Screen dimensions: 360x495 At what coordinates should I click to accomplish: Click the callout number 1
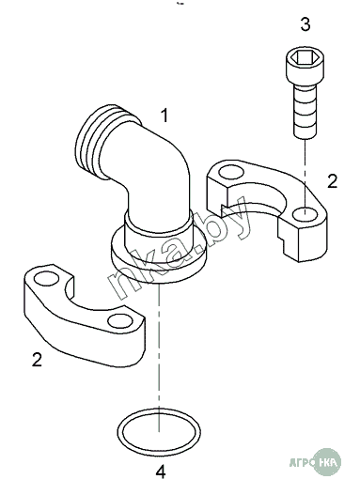point(164,116)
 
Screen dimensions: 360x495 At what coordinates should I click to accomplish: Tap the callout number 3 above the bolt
point(305,24)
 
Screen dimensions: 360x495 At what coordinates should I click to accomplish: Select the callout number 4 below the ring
point(161,472)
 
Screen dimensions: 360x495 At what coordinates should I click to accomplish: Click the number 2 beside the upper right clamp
point(332,181)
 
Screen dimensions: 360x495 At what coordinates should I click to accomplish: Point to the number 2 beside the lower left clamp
point(37,360)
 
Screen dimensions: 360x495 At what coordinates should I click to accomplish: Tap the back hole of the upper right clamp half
point(231,173)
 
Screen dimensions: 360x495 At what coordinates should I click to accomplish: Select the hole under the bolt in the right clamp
point(305,214)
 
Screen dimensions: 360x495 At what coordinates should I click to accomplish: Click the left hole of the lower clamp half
point(46,279)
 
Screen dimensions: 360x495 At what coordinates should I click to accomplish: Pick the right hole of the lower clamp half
point(120,321)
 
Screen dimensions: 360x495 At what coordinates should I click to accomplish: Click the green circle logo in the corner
point(329,463)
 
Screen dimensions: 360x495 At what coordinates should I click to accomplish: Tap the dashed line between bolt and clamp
point(305,176)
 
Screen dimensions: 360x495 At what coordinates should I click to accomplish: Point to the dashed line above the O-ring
point(159,357)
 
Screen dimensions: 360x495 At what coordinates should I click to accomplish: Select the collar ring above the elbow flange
point(159,224)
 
